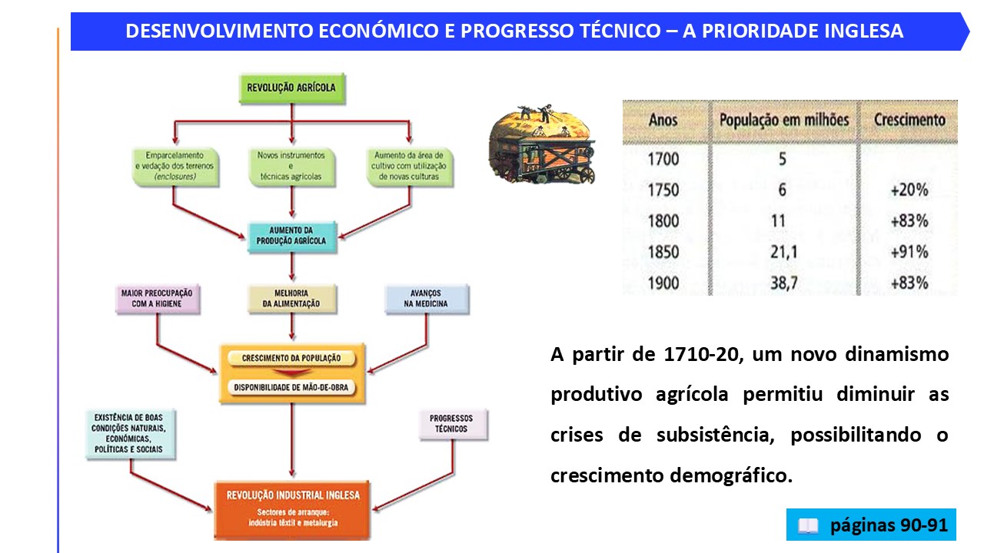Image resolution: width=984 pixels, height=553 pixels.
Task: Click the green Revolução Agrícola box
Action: tap(292, 88)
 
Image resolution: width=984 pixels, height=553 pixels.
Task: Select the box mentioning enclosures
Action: tap(175, 167)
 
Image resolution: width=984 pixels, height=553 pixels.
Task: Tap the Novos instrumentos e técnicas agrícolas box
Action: tap(291, 167)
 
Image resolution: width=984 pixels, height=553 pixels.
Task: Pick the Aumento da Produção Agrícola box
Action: tap(291, 237)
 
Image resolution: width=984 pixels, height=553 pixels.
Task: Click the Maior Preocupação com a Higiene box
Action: tap(158, 299)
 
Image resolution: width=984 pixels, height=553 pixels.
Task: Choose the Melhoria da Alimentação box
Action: tap(291, 299)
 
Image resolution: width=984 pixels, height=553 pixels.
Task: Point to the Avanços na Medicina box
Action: tap(427, 299)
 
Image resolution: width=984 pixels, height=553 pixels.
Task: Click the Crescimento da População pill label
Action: tap(291, 358)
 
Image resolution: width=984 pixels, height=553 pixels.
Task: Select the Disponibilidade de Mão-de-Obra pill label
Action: tap(291, 388)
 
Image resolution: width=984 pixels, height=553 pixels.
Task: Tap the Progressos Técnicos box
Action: tap(453, 424)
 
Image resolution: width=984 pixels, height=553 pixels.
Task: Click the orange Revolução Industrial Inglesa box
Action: tap(292, 510)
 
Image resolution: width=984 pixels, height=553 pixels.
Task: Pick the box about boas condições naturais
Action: tap(130, 434)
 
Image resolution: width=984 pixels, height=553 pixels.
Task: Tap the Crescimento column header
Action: tap(909, 120)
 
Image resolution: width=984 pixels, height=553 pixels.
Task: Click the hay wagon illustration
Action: tap(542, 144)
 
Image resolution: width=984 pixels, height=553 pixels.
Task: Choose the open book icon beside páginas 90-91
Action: tap(808, 525)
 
